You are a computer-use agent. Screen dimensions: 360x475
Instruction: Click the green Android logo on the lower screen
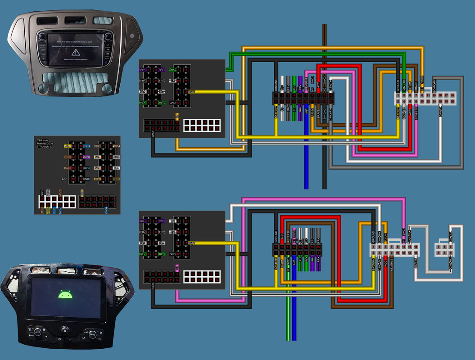coord(66,295)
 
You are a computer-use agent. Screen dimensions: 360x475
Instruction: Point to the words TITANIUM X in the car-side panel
coord(45,147)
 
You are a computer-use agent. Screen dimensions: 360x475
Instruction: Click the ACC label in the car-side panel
coord(65,179)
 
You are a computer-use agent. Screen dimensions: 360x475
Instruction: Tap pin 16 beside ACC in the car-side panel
coord(73,179)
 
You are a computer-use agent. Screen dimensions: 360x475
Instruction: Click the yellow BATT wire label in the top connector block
coord(191,92)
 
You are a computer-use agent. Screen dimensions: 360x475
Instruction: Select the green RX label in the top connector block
coord(173,70)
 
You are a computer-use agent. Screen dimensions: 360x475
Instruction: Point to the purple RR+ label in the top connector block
coord(144,70)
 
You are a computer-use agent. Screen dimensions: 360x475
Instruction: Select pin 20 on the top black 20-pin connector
coord(331,102)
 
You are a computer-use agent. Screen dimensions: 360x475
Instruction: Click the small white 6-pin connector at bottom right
coord(443,249)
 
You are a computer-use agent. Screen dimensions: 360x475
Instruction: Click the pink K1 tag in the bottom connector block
coord(177,267)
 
